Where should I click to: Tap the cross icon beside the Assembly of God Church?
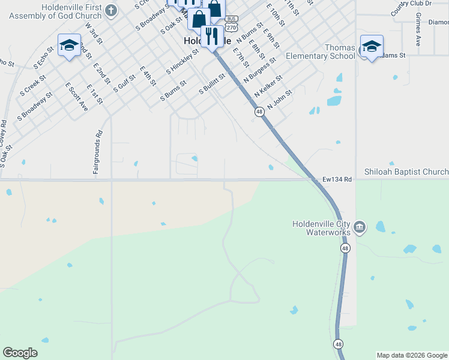click(x=111, y=10)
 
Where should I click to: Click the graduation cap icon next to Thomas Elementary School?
click(x=372, y=46)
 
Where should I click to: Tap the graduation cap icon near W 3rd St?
click(x=69, y=46)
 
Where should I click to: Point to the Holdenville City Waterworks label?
click(x=323, y=228)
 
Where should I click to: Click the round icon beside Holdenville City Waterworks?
click(x=360, y=227)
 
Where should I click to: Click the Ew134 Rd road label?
click(x=336, y=179)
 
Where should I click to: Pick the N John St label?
click(x=280, y=99)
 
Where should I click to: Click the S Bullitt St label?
click(x=212, y=83)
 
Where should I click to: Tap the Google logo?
click(x=20, y=353)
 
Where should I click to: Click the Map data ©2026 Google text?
click(x=412, y=355)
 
